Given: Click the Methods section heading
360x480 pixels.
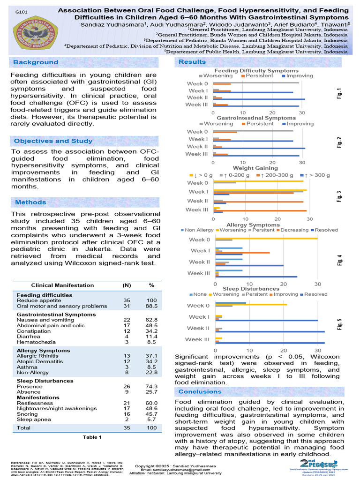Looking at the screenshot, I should [30, 202].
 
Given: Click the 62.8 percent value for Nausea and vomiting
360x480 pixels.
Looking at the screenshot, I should [151, 319].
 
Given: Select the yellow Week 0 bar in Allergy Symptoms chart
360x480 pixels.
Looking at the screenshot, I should [266, 238].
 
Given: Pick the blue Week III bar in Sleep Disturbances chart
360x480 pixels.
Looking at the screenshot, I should [270, 343].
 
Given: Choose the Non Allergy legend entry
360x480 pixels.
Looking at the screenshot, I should [198, 230].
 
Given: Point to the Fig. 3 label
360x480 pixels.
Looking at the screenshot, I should [339, 195].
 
